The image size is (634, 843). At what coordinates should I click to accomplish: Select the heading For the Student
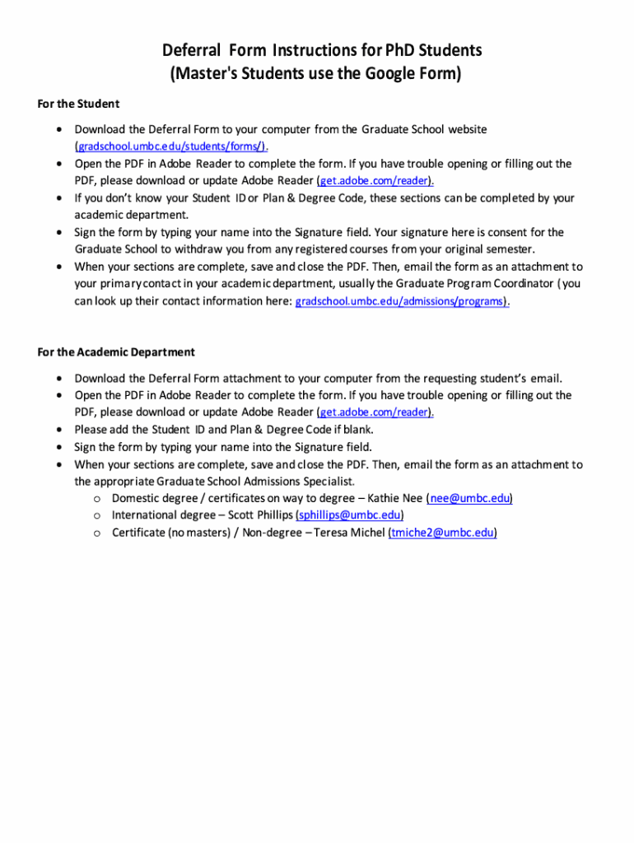[78, 104]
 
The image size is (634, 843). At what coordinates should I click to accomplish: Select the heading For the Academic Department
[116, 352]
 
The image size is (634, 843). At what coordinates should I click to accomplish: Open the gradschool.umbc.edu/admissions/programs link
[401, 301]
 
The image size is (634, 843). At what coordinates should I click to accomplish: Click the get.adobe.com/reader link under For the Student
[375, 181]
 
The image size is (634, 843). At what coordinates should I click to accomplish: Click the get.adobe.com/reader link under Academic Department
[375, 412]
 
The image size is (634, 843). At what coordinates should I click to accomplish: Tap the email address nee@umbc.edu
[470, 499]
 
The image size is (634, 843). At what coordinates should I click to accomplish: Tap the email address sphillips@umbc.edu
[349, 516]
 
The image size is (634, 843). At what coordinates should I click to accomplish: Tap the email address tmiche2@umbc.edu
[442, 533]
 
